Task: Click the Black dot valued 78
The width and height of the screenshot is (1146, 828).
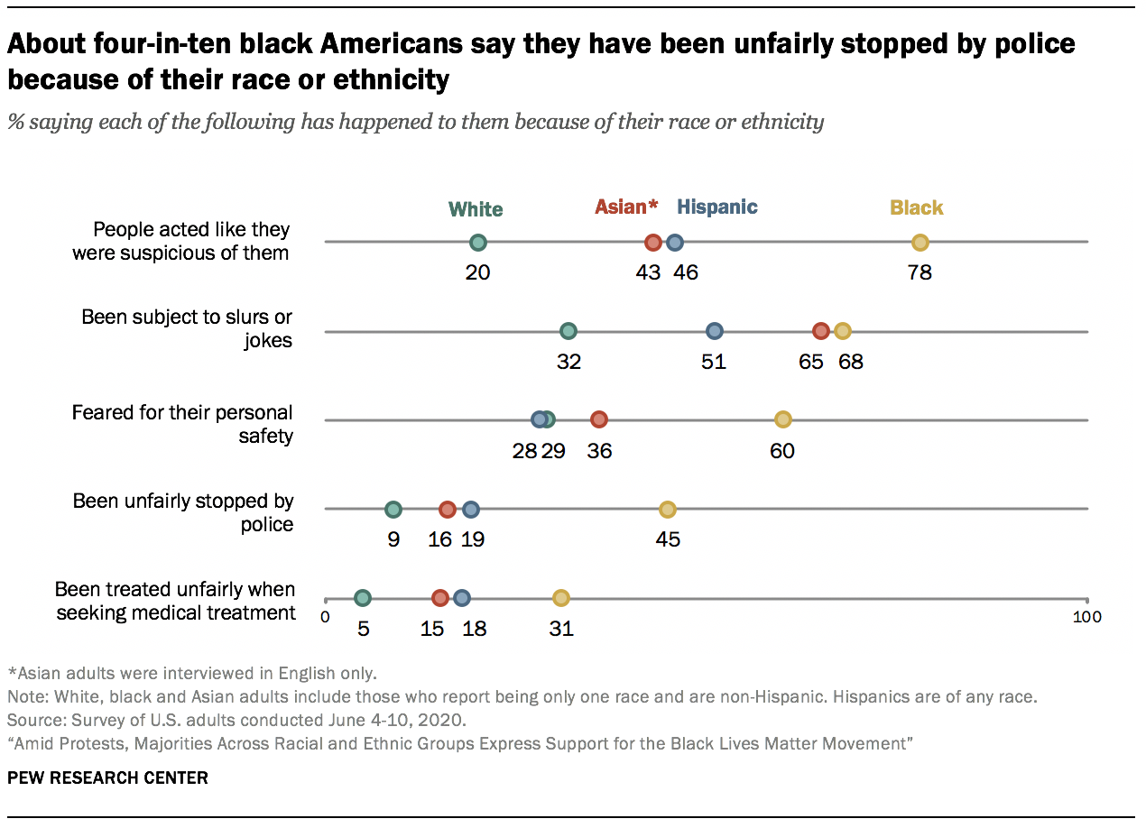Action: click(920, 242)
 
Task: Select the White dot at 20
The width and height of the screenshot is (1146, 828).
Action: click(478, 242)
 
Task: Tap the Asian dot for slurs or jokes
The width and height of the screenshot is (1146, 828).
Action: click(820, 331)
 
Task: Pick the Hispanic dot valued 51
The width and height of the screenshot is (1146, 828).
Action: click(715, 331)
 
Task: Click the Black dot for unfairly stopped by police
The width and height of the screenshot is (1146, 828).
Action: click(667, 510)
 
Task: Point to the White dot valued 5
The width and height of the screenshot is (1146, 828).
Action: click(363, 598)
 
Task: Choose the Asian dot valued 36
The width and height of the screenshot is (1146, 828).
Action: click(599, 419)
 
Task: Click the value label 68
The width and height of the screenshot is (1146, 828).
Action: click(851, 362)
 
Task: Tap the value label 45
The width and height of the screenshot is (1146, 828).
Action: click(668, 540)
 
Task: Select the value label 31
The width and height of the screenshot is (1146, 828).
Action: click(561, 629)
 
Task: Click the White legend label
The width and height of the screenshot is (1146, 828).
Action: click(476, 209)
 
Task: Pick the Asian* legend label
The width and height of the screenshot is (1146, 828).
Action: click(627, 207)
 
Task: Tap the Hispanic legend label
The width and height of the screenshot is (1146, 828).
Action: click(717, 207)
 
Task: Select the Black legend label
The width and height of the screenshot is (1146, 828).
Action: click(917, 207)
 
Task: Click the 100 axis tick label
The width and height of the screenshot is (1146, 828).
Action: click(1086, 617)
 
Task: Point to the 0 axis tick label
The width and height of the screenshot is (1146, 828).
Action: click(326, 617)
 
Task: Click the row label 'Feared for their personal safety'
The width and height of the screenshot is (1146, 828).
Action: click(182, 424)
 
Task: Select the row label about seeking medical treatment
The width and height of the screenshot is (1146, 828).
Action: click(175, 601)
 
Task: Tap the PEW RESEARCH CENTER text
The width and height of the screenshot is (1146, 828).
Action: click(107, 777)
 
